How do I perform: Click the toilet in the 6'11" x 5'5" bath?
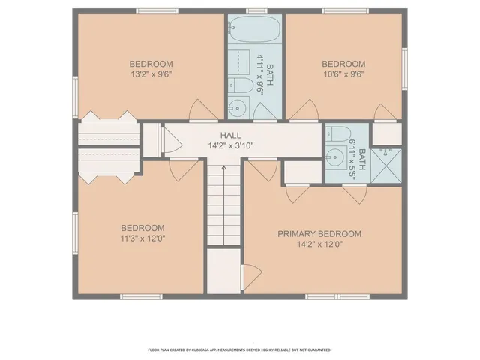coord(337,137)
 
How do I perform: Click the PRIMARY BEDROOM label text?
coord(319,234)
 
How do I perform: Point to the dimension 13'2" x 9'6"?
coord(151,74)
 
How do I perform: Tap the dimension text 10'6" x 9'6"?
coord(343,74)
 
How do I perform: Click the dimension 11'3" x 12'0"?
coord(142,238)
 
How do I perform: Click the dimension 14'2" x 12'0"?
coord(319,244)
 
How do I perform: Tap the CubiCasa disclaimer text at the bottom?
coord(240,349)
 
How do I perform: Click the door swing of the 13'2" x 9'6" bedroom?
coord(199,109)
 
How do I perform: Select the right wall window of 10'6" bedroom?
coord(404,64)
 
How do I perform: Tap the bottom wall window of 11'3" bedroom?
coord(141,297)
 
